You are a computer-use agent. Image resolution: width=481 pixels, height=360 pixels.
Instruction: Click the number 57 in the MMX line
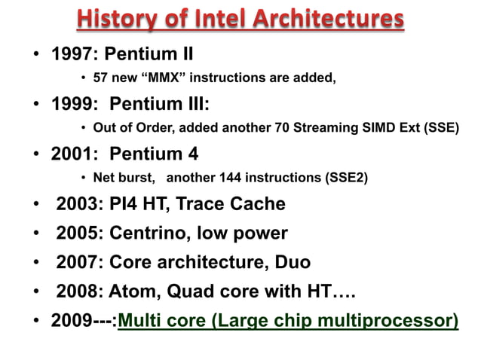click(100, 77)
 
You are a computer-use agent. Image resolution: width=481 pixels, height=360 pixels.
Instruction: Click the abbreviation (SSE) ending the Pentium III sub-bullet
click(440, 127)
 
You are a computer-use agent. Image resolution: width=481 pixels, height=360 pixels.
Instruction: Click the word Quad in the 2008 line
click(193, 292)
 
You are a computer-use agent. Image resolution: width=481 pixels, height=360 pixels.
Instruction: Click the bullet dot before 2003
click(35, 205)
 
